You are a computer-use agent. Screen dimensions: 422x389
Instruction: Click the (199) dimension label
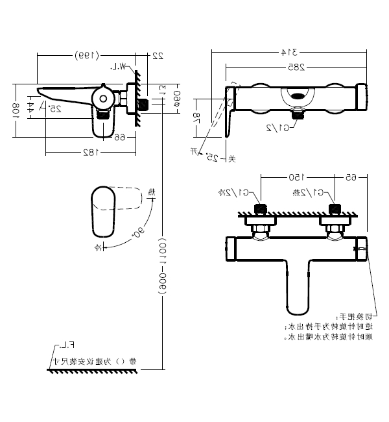(86, 55)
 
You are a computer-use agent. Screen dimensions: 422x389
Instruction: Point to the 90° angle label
(139, 230)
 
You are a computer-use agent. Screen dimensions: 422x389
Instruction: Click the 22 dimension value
(156, 56)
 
